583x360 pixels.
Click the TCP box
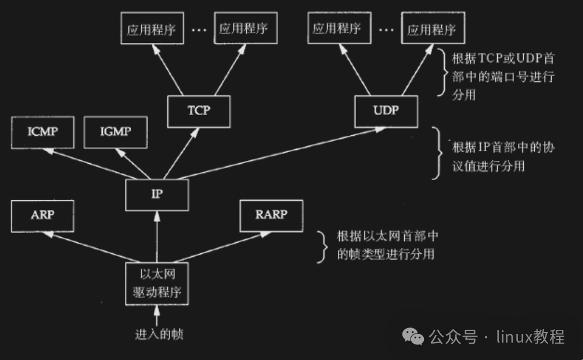pos(199,111)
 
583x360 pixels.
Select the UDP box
pos(386,110)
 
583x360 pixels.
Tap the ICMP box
pos(42,132)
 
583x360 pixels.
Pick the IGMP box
pos(116,132)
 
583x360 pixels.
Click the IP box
pos(157,195)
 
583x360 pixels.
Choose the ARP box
pos(42,215)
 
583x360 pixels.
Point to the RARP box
pos(271,215)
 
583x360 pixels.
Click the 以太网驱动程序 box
pos(157,283)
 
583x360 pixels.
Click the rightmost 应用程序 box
pos(431,29)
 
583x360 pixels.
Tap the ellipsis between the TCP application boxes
pos(199,30)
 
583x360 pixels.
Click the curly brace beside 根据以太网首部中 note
pos(321,245)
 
